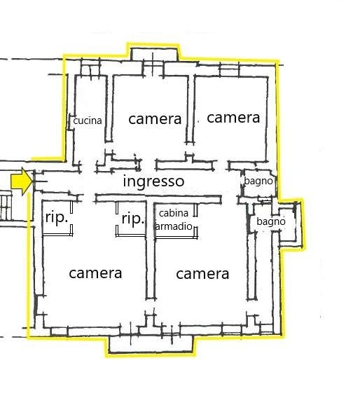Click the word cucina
tap(88, 121)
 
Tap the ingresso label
tap(153, 181)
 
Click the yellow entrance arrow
tap(22, 181)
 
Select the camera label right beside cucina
tap(155, 119)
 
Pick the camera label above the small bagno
tap(233, 118)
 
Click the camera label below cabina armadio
tap(202, 275)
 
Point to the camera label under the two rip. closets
tap(95, 273)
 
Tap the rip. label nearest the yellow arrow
tap(57, 218)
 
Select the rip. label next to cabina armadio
tap(133, 219)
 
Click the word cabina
tap(174, 213)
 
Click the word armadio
tap(174, 226)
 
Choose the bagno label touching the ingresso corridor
tap(258, 181)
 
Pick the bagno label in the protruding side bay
tap(271, 221)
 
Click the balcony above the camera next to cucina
tap(154, 55)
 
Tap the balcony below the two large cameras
tap(151, 345)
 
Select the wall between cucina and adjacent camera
tap(109, 109)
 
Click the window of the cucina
tap(90, 70)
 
